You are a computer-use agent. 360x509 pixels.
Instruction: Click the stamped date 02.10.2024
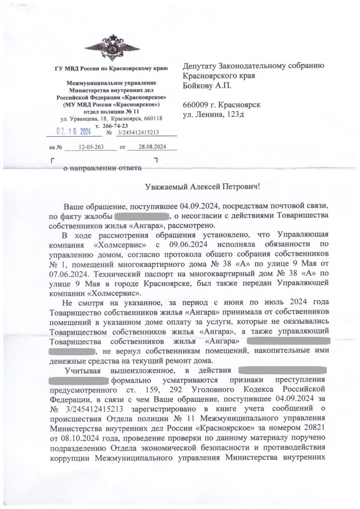point(73,132)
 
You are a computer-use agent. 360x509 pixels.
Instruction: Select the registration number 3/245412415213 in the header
point(138,133)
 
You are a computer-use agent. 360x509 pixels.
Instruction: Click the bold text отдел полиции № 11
point(111,112)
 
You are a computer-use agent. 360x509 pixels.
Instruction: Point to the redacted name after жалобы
point(143,216)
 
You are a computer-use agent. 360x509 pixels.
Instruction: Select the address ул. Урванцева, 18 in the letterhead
point(83,119)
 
